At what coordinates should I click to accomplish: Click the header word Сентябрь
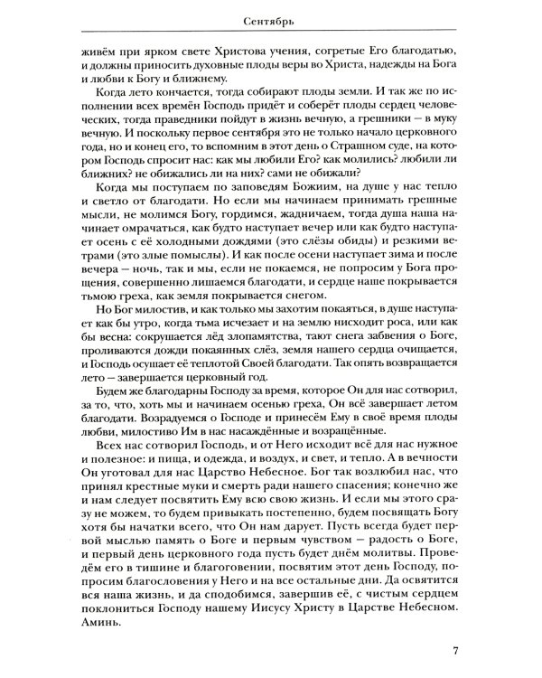tap(272, 16)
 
